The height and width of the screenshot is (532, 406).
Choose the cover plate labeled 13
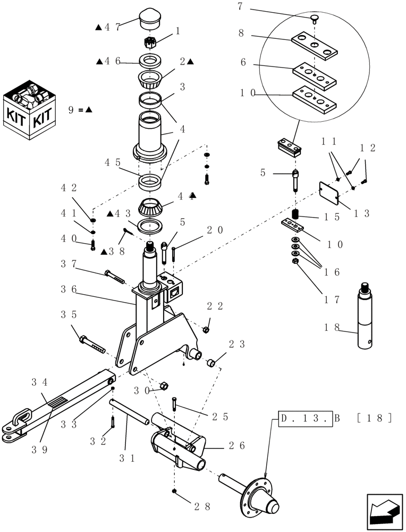[329, 193]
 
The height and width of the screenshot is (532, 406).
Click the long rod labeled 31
[130, 415]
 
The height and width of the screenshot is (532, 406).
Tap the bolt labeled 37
[116, 277]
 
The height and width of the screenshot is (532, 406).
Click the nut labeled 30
[164, 385]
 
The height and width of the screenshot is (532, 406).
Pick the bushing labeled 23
[210, 363]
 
